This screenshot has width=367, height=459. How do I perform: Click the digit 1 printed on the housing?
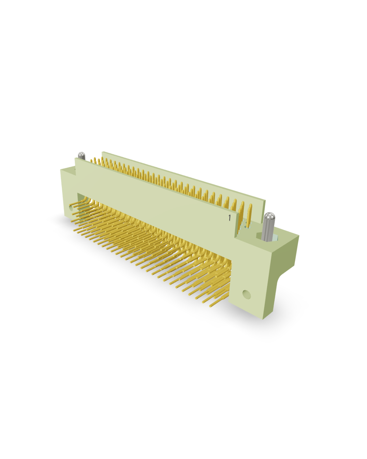[x=229, y=218]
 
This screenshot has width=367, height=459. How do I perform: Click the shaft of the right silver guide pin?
[x=268, y=229]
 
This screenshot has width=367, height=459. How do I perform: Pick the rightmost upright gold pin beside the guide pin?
[x=249, y=214]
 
